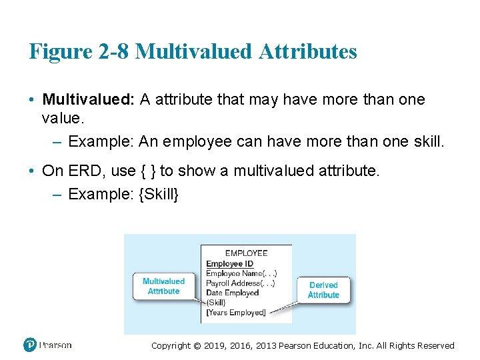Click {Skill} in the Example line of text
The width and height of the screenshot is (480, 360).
tap(159, 195)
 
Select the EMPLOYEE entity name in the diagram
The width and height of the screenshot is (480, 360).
tap(246, 253)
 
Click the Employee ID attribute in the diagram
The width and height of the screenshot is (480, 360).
tap(229, 264)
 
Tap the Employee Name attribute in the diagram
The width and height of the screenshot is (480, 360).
tap(241, 273)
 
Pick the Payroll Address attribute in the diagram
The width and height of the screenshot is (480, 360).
tap(240, 283)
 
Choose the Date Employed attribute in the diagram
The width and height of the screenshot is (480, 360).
tap(232, 293)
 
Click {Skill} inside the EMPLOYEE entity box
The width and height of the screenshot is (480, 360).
tap(216, 302)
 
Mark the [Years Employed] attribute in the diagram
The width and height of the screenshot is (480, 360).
tap(236, 312)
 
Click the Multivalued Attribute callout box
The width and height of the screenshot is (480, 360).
tap(163, 286)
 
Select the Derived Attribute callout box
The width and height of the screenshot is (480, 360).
tap(323, 290)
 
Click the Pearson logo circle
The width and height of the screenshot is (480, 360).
tap(30, 345)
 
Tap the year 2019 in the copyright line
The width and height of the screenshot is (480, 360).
tap(222, 345)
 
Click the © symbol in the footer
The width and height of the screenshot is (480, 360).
tap(196, 345)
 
